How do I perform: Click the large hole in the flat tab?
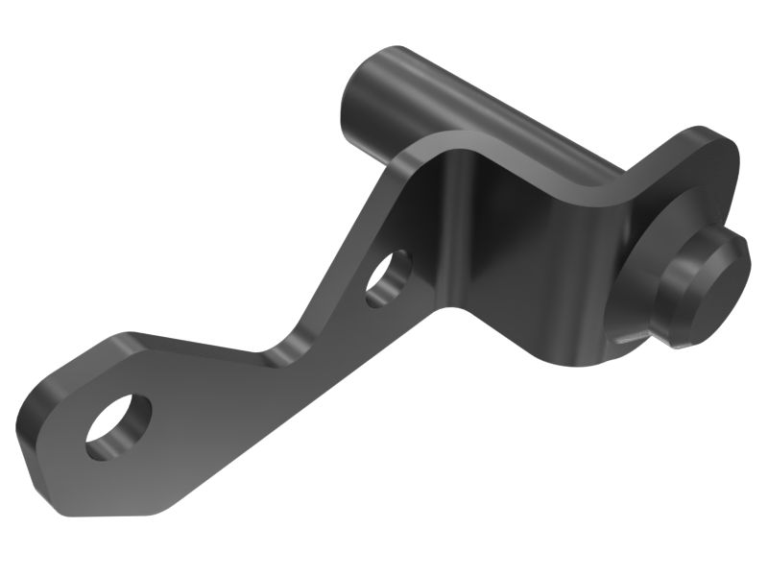(118, 425)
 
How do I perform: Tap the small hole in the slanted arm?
(388, 278)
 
